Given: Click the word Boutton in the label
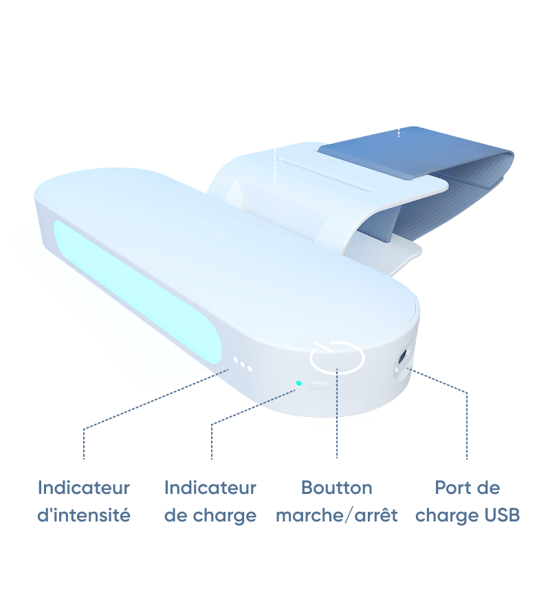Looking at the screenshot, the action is (x=336, y=488).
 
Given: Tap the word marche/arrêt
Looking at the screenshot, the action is (x=336, y=515).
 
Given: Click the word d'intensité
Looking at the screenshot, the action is (x=84, y=515).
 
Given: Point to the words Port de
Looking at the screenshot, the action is (x=467, y=488).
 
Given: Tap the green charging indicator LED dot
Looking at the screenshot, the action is (x=298, y=383).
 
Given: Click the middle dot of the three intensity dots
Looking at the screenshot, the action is (x=243, y=363).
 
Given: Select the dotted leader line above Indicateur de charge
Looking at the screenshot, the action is (x=253, y=424).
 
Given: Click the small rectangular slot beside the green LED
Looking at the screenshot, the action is (x=320, y=385).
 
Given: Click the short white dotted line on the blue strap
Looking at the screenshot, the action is (x=399, y=133).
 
